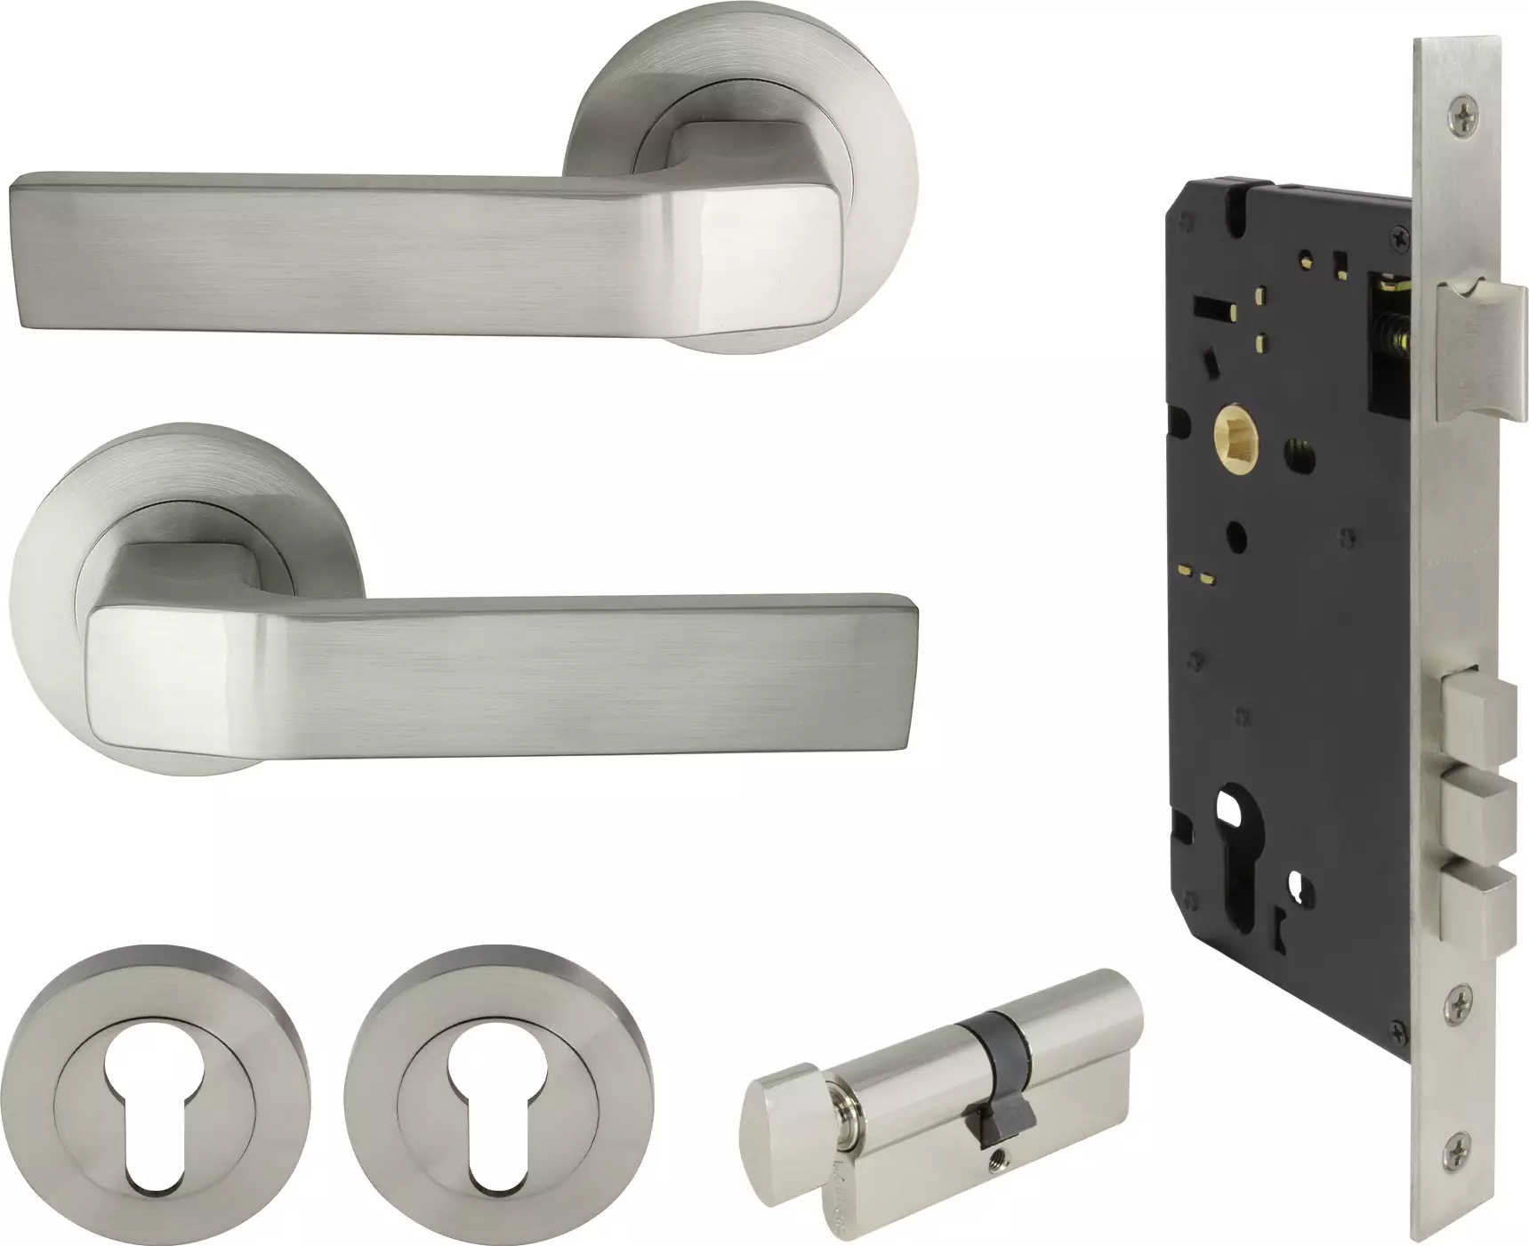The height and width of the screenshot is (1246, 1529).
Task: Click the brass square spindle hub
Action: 1234,438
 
